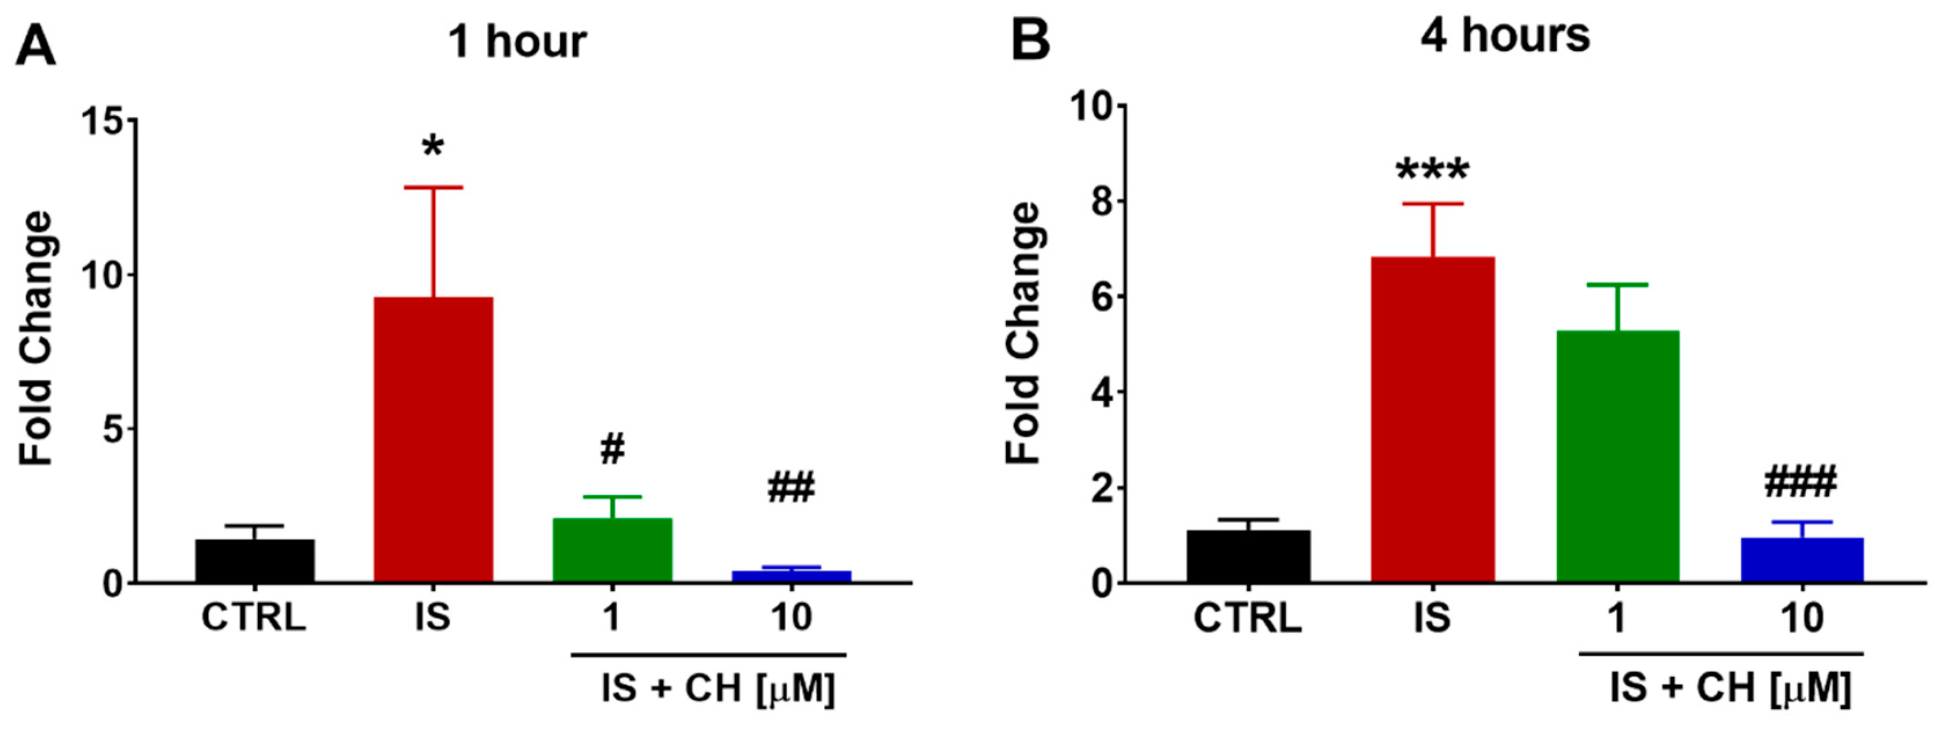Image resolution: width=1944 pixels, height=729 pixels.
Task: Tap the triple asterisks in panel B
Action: point(1432,171)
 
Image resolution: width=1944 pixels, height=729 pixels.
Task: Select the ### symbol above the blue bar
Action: point(1802,483)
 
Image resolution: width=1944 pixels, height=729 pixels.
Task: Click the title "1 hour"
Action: point(517,42)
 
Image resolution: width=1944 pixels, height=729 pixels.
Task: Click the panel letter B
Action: point(1029,42)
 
